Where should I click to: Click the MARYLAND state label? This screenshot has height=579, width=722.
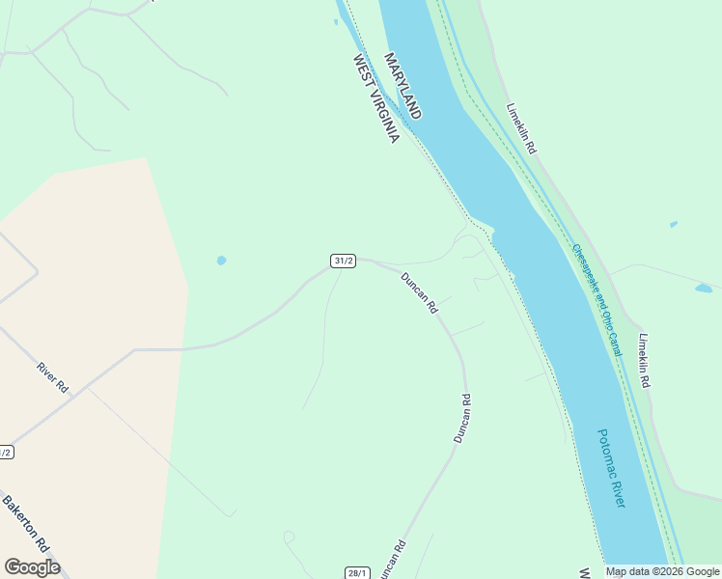click(x=403, y=86)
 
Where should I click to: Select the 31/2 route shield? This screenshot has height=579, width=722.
click(x=343, y=261)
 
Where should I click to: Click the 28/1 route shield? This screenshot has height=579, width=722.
click(x=357, y=572)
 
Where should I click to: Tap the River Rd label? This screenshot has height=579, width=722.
click(x=52, y=376)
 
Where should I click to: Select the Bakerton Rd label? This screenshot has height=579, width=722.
click(x=25, y=523)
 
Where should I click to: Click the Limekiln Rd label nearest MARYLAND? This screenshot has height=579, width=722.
click(x=521, y=128)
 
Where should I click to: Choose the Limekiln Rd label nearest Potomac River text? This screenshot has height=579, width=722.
click(x=645, y=361)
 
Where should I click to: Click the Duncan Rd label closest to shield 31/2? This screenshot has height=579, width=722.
click(x=420, y=293)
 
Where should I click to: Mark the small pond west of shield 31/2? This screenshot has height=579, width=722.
click(x=222, y=261)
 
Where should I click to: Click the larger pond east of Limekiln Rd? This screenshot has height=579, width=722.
click(x=704, y=289)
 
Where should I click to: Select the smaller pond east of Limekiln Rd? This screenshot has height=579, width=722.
click(x=674, y=225)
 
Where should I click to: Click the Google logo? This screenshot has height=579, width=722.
click(x=32, y=567)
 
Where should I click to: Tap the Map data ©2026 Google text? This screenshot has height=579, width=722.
click(x=662, y=571)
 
